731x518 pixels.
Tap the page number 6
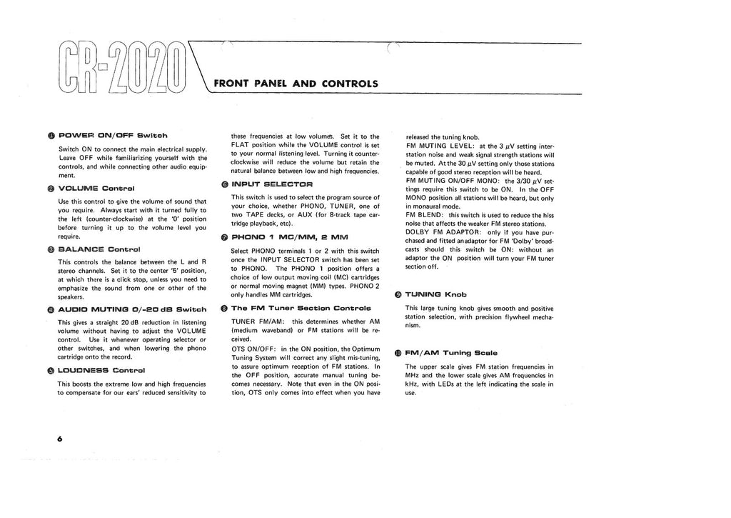(x=51, y=439)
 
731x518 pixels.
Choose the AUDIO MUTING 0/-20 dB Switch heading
(x=132, y=309)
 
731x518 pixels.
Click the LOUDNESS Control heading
(x=101, y=370)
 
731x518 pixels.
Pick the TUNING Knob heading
(x=435, y=294)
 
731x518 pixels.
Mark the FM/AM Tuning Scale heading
(x=451, y=352)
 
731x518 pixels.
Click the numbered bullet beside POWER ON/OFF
(x=51, y=135)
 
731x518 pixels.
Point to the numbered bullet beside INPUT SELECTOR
(x=224, y=184)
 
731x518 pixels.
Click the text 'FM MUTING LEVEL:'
(x=437, y=146)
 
